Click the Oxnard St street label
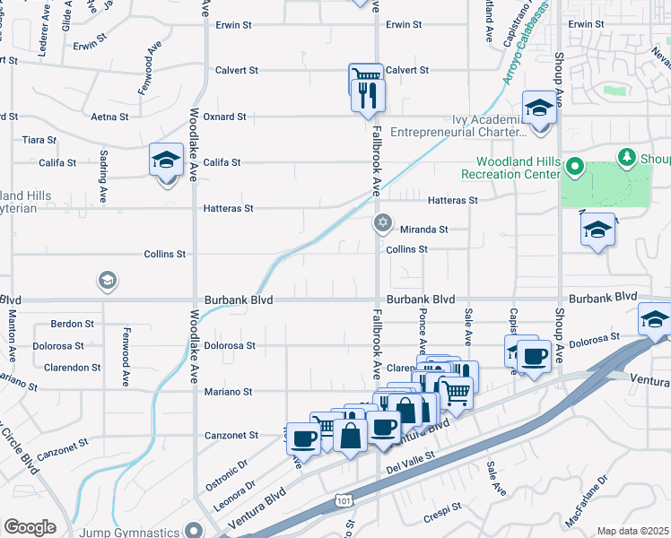click(x=224, y=117)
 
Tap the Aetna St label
click(x=109, y=117)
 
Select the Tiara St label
click(x=39, y=140)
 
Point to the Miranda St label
click(x=423, y=230)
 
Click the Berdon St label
click(x=73, y=324)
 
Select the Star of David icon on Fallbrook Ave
click(x=382, y=221)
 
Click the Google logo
click(x=30, y=526)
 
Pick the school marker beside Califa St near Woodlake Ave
click(x=166, y=161)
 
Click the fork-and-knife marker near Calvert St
click(x=368, y=94)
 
